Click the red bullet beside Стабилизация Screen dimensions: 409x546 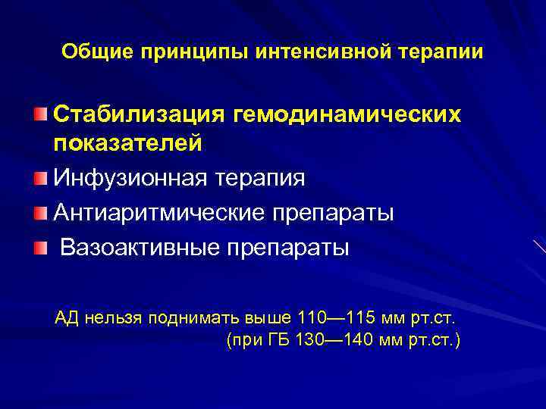[39, 114]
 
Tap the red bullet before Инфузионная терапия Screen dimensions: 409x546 [39, 179]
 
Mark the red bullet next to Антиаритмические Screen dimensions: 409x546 [39, 212]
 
